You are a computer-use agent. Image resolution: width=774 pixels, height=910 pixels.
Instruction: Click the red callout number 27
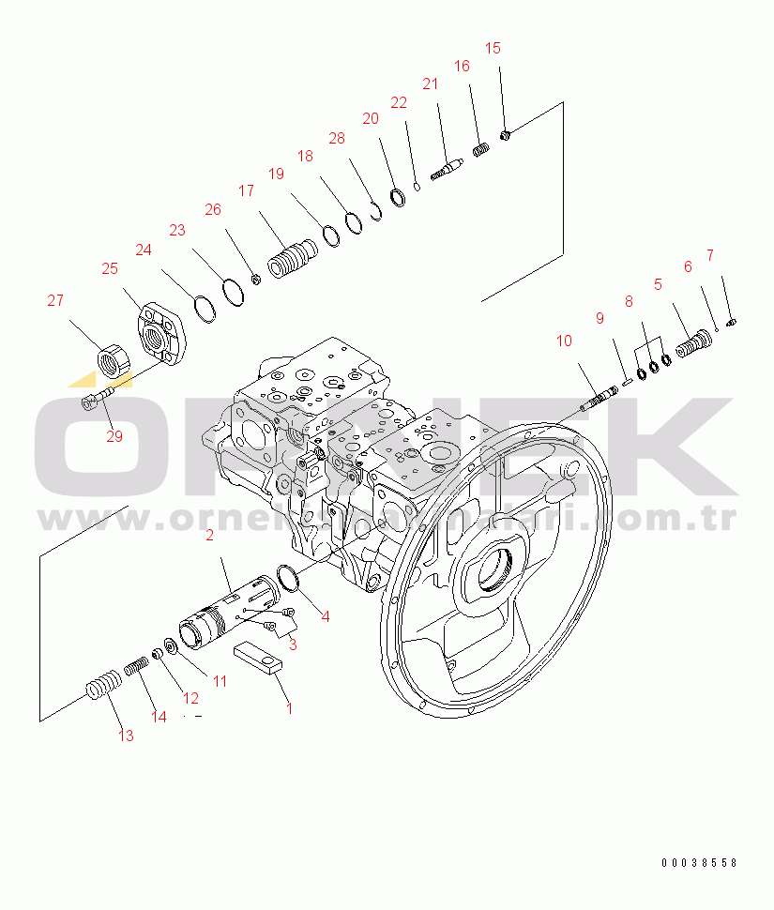(56, 301)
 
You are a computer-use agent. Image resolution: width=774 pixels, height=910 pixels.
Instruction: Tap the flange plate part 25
(160, 333)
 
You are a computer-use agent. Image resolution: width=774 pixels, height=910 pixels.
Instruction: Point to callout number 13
(125, 736)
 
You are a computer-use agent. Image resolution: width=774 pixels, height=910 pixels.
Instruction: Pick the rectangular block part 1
(257, 656)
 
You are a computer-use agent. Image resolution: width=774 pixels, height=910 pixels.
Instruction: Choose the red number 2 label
(209, 536)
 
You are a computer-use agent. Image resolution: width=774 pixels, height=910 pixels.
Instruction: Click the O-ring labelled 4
(289, 580)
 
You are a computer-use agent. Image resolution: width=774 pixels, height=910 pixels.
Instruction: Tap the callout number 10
(563, 341)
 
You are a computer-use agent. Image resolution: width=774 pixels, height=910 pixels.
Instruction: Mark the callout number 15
(493, 48)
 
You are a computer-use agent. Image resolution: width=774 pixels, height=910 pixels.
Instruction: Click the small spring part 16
(480, 148)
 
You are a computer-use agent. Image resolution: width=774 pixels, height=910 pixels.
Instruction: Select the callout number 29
(114, 436)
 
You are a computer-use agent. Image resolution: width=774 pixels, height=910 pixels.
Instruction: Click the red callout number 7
(709, 255)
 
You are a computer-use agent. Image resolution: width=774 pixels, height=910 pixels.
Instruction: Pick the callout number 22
(399, 102)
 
